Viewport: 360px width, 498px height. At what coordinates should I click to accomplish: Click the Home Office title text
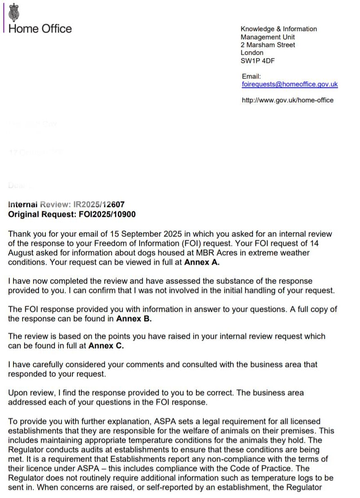(x=40, y=29)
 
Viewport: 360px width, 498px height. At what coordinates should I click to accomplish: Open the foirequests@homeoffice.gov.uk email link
(x=290, y=84)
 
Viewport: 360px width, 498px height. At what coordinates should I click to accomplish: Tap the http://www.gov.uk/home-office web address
(x=288, y=100)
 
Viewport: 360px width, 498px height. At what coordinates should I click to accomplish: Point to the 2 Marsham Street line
(x=268, y=45)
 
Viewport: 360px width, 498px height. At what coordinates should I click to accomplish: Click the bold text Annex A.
(x=202, y=262)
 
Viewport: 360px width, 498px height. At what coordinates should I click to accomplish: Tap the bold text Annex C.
(x=106, y=346)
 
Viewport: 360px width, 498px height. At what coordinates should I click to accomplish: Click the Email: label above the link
(x=251, y=77)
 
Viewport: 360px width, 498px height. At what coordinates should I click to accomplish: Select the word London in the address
(x=252, y=53)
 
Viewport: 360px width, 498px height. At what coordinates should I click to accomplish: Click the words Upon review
(x=31, y=393)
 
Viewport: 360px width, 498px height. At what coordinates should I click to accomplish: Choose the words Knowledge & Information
(x=279, y=29)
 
